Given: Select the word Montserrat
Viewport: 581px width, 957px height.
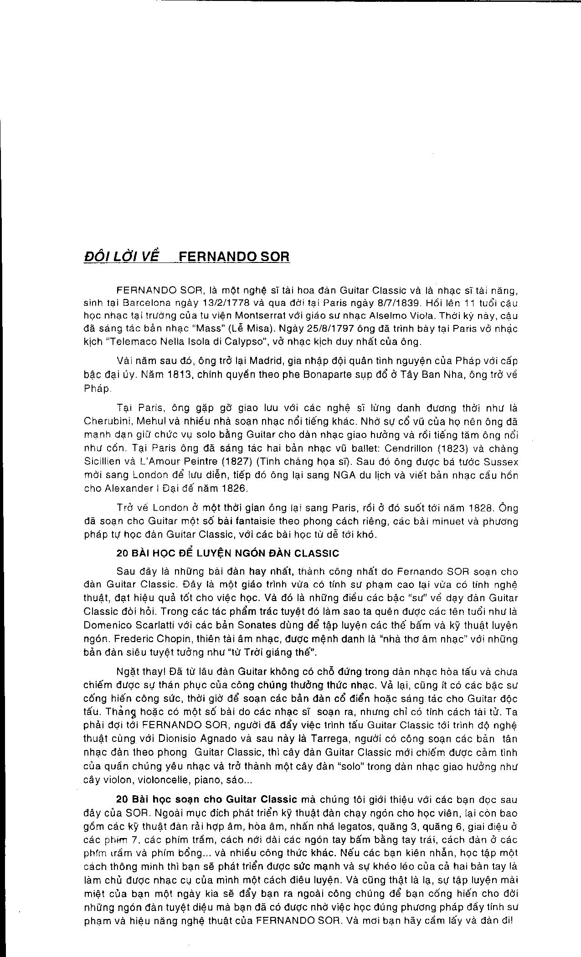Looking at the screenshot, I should (x=260, y=315).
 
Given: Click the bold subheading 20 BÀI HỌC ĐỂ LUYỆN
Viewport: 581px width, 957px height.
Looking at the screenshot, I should (x=227, y=553).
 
